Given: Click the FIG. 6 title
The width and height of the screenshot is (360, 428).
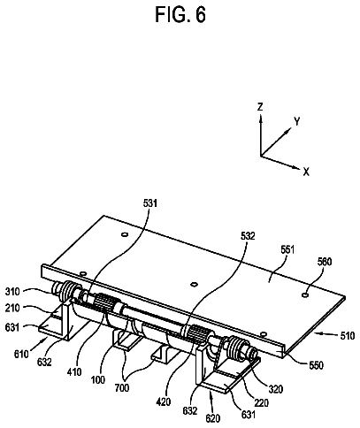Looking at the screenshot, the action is pyautogui.click(x=180, y=15).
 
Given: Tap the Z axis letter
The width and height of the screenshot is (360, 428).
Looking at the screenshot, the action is pyautogui.click(x=260, y=107).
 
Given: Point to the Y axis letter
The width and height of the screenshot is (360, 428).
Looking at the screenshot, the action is pyautogui.click(x=297, y=121).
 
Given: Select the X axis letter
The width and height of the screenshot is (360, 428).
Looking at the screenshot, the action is pyautogui.click(x=306, y=172).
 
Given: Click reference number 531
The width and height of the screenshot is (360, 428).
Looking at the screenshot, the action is pyautogui.click(x=150, y=203).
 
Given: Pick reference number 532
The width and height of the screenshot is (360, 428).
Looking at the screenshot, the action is pyautogui.click(x=248, y=236).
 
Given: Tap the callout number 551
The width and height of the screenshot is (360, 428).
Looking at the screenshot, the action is pyautogui.click(x=287, y=250).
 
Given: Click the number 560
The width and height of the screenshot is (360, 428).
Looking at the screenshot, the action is pyautogui.click(x=324, y=262).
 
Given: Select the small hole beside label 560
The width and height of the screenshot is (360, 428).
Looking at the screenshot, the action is pyautogui.click(x=305, y=294).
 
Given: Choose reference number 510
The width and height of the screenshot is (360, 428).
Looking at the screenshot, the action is pyautogui.click(x=347, y=336).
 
